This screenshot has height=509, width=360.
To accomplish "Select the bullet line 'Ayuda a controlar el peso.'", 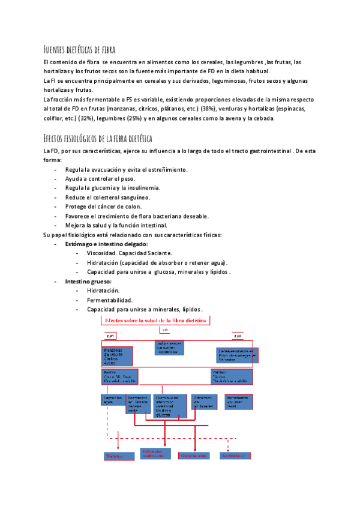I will click(x=100, y=179).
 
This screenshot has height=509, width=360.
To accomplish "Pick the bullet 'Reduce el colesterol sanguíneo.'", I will click(x=108, y=197).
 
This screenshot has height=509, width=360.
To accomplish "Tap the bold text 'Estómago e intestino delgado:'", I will click(x=107, y=244).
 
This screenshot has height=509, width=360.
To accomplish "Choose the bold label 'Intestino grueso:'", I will click(x=88, y=282).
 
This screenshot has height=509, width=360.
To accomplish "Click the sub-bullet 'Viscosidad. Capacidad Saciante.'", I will click(x=130, y=253).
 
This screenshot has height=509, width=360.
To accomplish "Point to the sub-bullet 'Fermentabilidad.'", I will click(x=110, y=300).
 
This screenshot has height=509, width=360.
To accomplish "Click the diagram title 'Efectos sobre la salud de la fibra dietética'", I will click(x=156, y=321).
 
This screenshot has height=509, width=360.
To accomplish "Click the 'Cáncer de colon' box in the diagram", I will click(x=194, y=456).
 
